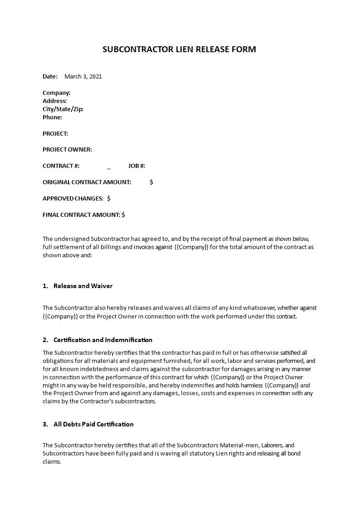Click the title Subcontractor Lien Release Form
click(180, 49)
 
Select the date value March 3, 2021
click(83, 76)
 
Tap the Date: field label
click(50, 76)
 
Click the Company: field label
click(56, 93)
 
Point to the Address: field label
click(54, 101)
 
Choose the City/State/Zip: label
click(63, 109)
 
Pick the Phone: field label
click(52, 117)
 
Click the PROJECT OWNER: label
click(67, 149)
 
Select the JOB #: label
click(137, 166)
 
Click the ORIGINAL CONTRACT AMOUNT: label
click(87, 182)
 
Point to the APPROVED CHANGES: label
click(73, 198)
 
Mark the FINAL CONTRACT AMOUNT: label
click(81, 215)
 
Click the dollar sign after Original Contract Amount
click(151, 182)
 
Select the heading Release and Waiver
click(83, 286)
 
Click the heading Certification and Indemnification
click(103, 340)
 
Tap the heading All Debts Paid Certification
click(94, 424)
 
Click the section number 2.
click(45, 340)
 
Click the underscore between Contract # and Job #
click(109, 166)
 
